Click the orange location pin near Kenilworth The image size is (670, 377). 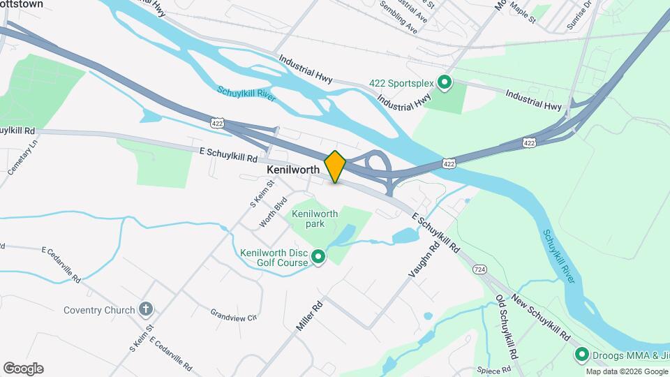(x=335, y=166)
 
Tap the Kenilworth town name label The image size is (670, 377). (x=293, y=170)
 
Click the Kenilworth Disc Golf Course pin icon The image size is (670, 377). (x=319, y=258)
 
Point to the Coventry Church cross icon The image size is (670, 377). (x=146, y=309)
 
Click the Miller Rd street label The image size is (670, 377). (x=308, y=318)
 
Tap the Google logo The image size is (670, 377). (x=23, y=368)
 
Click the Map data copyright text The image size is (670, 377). (x=626, y=371)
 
